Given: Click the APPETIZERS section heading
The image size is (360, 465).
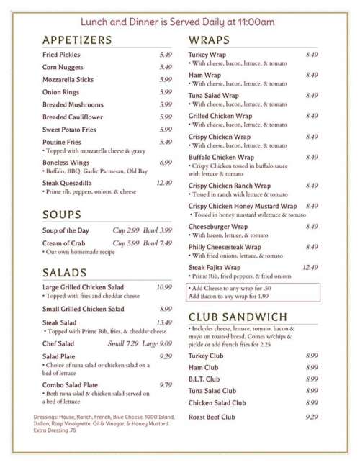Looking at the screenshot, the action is [77, 40].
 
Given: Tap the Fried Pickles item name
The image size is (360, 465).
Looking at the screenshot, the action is [61, 55].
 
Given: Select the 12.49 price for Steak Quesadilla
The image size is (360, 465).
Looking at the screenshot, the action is [164, 183].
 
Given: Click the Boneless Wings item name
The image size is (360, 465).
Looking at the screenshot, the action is [66, 163].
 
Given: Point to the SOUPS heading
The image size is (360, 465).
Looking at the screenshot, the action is [62, 215].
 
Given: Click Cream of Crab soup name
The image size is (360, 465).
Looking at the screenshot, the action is [64, 243].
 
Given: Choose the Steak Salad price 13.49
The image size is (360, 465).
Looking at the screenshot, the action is [164, 322].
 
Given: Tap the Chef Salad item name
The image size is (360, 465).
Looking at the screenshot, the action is [58, 343].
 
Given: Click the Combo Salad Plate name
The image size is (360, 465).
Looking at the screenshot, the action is [70, 385].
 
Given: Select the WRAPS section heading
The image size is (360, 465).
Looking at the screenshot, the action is [210, 40].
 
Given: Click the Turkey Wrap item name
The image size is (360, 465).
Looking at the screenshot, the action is [207, 55].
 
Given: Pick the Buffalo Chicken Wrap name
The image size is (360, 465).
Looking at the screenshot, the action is [221, 157].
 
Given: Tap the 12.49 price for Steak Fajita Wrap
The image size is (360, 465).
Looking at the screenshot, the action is [310, 268].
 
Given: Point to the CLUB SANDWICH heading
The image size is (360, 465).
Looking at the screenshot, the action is [238, 317].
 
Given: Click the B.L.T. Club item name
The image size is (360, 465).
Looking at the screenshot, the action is [204, 379].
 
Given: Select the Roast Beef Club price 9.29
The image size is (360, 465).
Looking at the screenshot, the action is [312, 416].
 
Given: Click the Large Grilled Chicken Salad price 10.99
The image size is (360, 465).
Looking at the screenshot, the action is [164, 287].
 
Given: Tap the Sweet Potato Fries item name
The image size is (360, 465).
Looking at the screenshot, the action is [69, 130].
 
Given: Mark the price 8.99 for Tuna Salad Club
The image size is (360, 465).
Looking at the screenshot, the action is [312, 391].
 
